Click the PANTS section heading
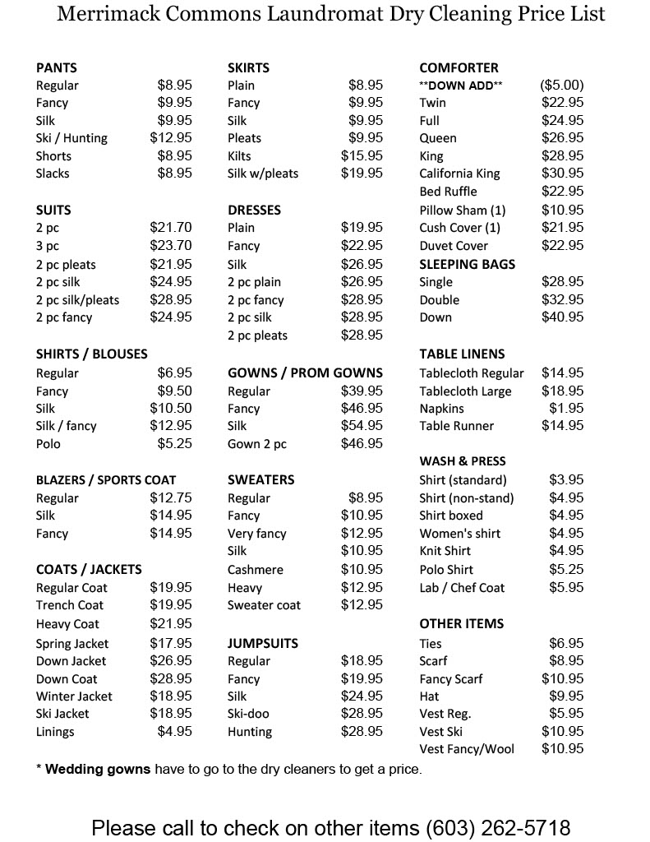point(57,67)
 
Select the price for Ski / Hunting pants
point(171,138)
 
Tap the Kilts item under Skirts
point(239,155)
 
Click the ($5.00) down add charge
point(562,85)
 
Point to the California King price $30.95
point(563,173)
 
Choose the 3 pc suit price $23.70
point(171,246)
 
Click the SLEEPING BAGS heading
point(468,264)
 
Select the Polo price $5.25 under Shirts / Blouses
point(175,444)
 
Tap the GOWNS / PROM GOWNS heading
point(305,372)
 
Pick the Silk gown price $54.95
point(362,426)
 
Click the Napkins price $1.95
point(566,409)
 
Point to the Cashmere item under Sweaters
point(256,570)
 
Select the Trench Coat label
point(70,605)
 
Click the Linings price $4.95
point(175,732)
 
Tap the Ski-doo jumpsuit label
point(248,714)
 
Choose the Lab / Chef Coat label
point(462,588)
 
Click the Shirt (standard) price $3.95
point(566,480)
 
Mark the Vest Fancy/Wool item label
point(467,749)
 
